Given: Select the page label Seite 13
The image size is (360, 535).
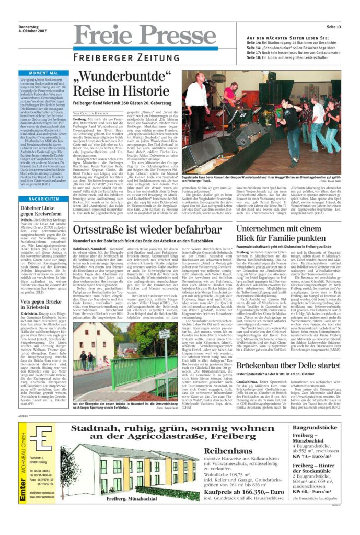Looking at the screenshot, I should pos(333,27).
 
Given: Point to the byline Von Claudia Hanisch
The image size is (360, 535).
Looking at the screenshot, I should pos(91,113).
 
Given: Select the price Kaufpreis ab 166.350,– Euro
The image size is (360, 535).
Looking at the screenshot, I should pos(240,491).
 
